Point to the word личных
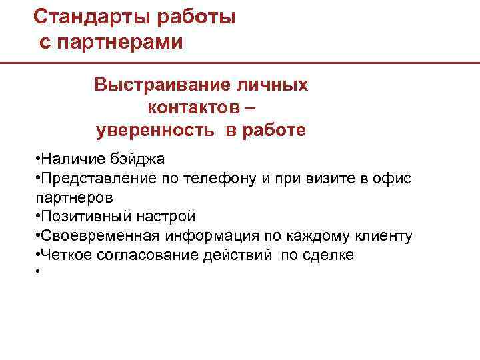click(274, 86)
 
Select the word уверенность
click(156, 129)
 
